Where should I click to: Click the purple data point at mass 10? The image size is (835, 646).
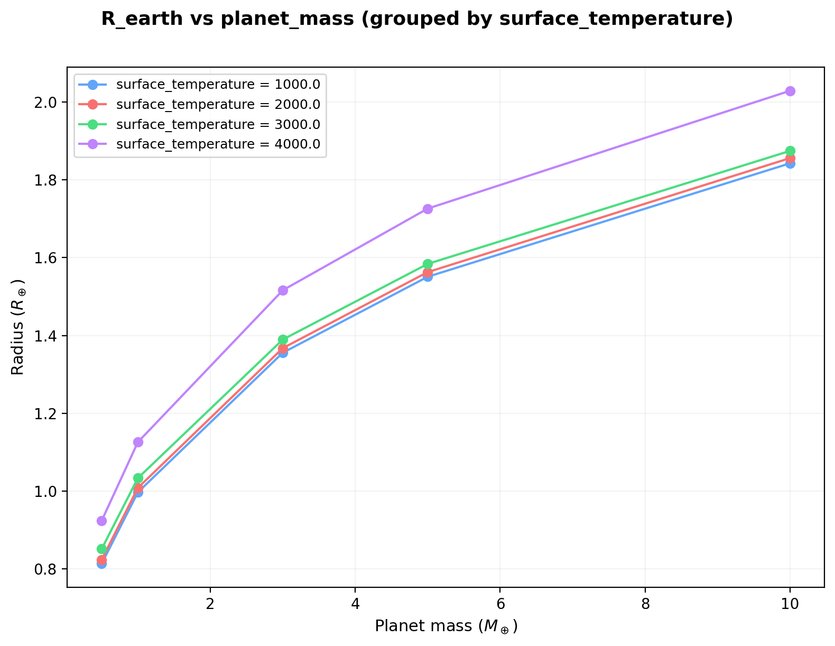pyautogui.click(x=790, y=91)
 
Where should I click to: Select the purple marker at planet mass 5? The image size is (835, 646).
pyautogui.click(x=428, y=209)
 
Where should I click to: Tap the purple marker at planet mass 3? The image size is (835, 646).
pyautogui.click(x=283, y=290)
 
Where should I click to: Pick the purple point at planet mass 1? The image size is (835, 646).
pyautogui.click(x=138, y=442)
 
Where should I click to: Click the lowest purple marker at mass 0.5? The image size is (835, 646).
pyautogui.click(x=101, y=521)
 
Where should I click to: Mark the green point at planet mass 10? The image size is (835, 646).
pyautogui.click(x=790, y=151)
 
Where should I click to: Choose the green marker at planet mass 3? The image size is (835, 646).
pyautogui.click(x=283, y=339)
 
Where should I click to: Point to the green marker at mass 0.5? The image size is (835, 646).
pyautogui.click(x=101, y=549)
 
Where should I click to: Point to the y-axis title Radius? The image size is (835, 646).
pyautogui.click(x=18, y=327)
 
